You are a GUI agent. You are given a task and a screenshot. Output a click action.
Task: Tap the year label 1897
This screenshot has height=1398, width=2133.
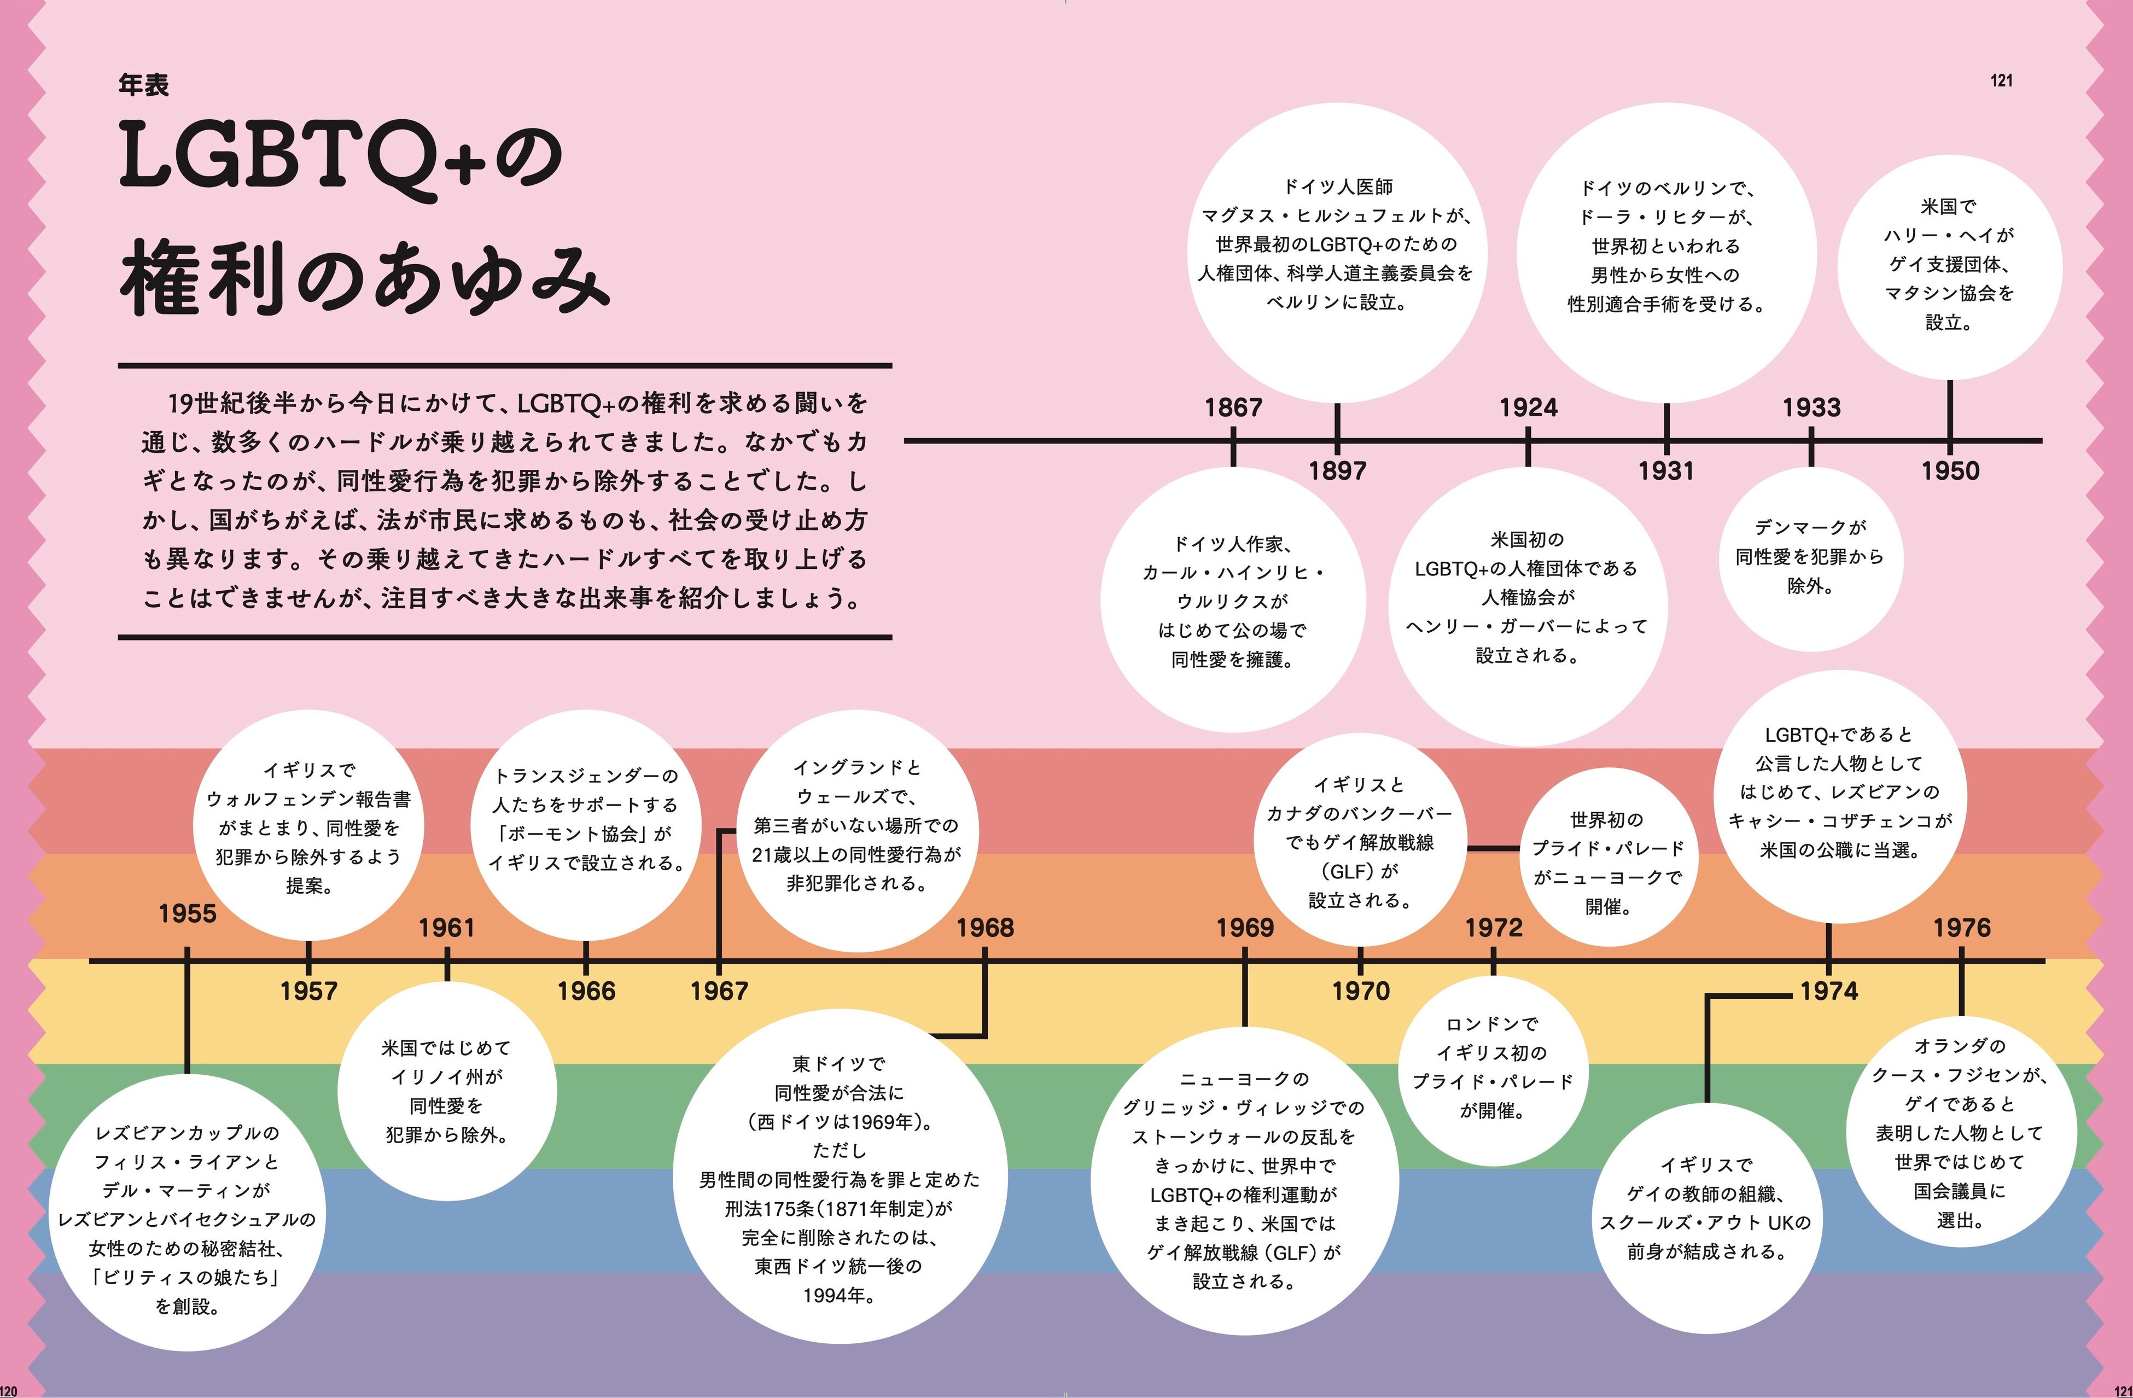(1337, 470)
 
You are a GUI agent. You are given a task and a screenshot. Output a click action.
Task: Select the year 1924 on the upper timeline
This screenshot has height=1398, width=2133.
(1528, 408)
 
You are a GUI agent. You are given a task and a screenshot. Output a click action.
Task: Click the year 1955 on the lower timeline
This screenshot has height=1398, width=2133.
(187, 914)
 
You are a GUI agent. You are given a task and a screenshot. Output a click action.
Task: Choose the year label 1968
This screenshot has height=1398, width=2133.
(985, 928)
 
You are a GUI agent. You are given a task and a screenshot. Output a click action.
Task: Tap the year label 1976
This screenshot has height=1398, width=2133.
(1962, 928)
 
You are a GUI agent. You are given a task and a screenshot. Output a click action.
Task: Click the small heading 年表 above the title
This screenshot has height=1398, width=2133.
(143, 85)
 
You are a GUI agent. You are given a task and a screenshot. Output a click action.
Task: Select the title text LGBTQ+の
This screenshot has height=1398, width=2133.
(341, 157)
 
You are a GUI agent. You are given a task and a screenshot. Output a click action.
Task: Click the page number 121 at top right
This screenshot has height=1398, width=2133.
(2001, 80)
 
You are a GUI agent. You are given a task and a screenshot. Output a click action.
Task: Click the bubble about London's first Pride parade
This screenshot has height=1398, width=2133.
(1492, 1067)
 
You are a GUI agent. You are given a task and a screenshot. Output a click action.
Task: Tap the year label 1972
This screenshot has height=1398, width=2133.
(1493, 928)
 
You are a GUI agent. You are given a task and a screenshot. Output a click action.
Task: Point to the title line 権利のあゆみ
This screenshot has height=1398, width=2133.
(363, 278)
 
